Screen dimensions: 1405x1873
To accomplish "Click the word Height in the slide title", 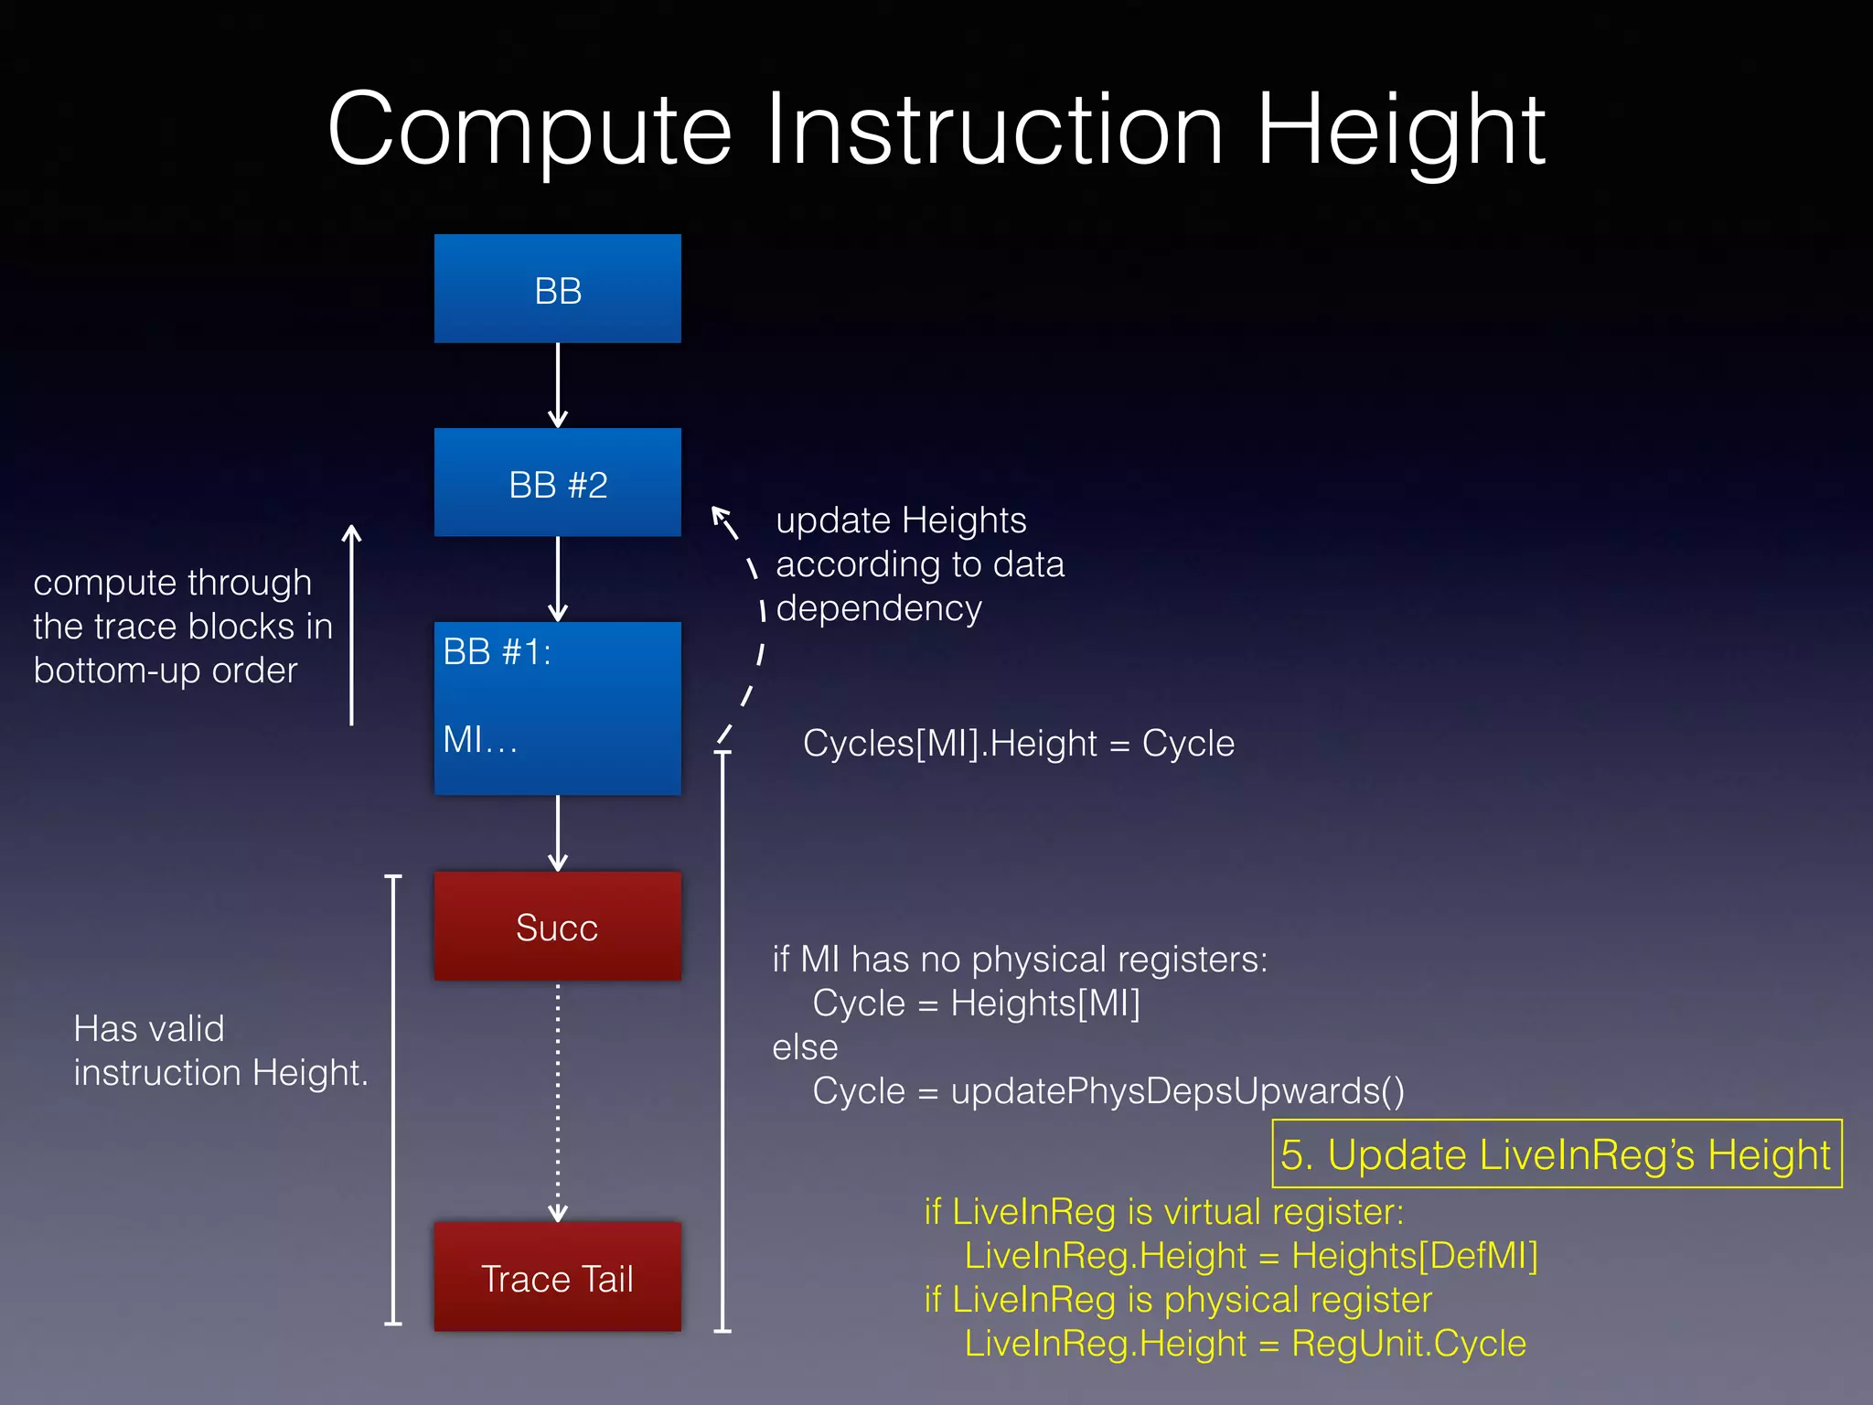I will point(1400,131).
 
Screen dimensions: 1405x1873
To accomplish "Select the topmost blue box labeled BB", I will point(557,289).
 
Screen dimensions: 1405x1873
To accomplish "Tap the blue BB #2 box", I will point(557,483).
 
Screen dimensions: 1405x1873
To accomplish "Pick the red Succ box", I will point(557,927).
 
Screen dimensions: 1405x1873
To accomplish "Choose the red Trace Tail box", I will point(557,1277).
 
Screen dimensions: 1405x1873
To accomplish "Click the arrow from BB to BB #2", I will point(557,385).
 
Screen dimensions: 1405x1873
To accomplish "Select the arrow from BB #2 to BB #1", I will point(557,579).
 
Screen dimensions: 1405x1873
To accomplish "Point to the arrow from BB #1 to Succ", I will point(557,832).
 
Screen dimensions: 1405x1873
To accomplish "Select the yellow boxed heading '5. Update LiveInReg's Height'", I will point(1556,1153).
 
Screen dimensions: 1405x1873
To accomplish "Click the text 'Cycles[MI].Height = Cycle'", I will point(1018,743).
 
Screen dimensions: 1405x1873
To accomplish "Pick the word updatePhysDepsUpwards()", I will point(1177,1090).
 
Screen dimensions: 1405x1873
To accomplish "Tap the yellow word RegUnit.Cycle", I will point(1408,1343).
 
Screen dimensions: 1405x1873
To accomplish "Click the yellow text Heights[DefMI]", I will point(1414,1255).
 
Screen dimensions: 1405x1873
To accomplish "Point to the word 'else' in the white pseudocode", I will point(805,1047).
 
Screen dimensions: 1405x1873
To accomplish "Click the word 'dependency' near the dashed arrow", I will point(879,608).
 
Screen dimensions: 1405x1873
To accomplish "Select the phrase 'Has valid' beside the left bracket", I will point(148,1028).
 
